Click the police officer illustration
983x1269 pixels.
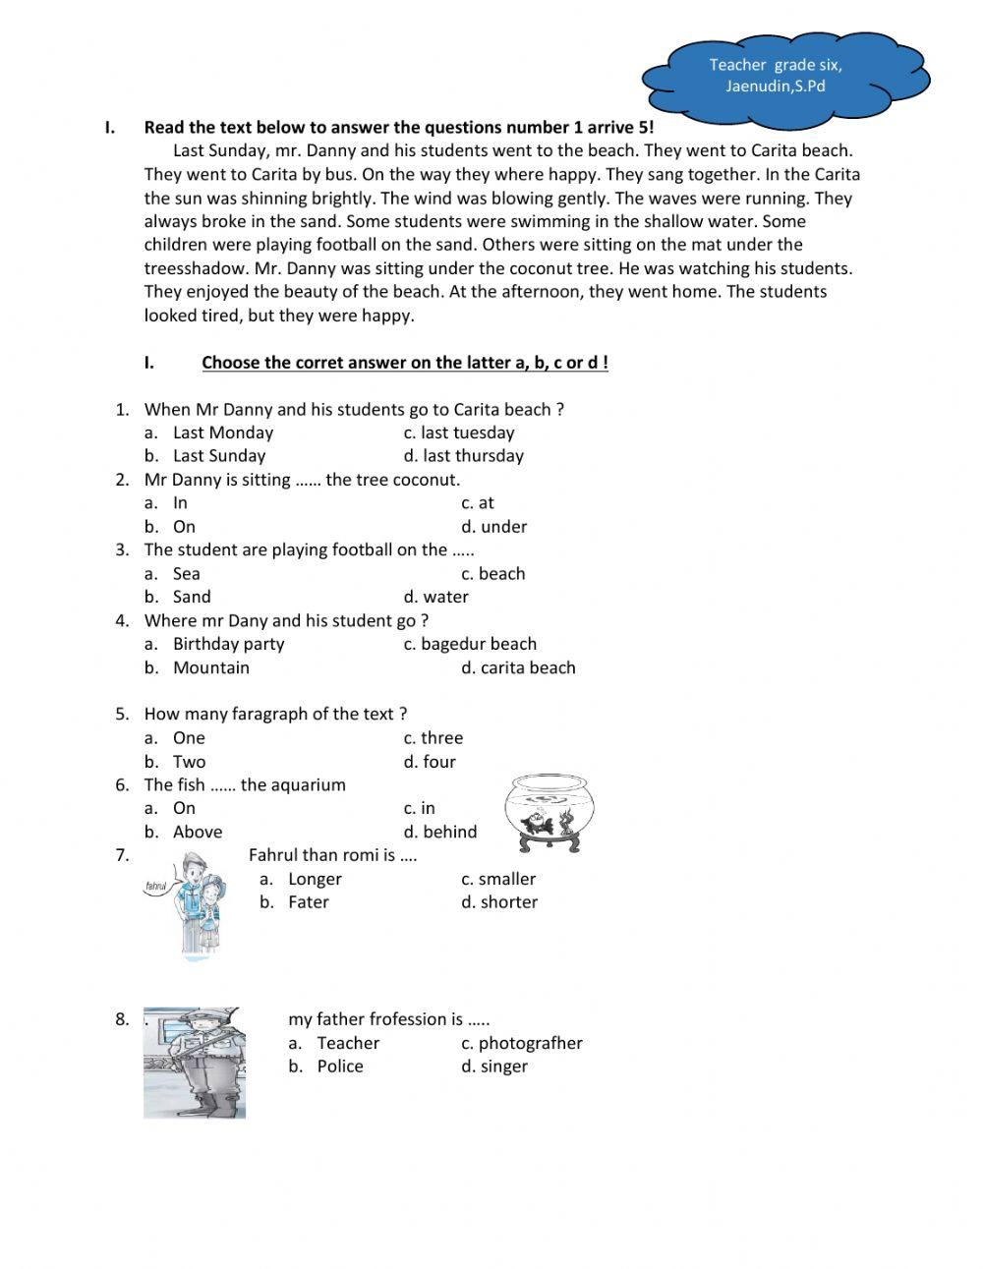(x=195, y=1063)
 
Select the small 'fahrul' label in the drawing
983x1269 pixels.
(x=156, y=886)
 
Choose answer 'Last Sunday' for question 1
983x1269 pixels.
(x=218, y=456)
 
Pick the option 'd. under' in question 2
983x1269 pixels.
(x=493, y=527)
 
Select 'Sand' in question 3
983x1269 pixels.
(x=192, y=597)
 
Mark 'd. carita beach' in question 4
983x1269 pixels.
(x=518, y=667)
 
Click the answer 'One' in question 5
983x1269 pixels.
(x=189, y=738)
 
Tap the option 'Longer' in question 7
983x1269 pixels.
(x=315, y=879)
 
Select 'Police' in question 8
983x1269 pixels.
(x=340, y=1067)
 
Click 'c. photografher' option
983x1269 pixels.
(x=521, y=1043)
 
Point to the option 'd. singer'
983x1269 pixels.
(x=493, y=1067)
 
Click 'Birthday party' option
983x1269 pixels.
(x=228, y=644)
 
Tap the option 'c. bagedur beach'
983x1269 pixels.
(x=470, y=644)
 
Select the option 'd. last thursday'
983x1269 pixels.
(x=463, y=456)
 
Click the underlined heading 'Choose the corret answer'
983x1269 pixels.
(x=404, y=363)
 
